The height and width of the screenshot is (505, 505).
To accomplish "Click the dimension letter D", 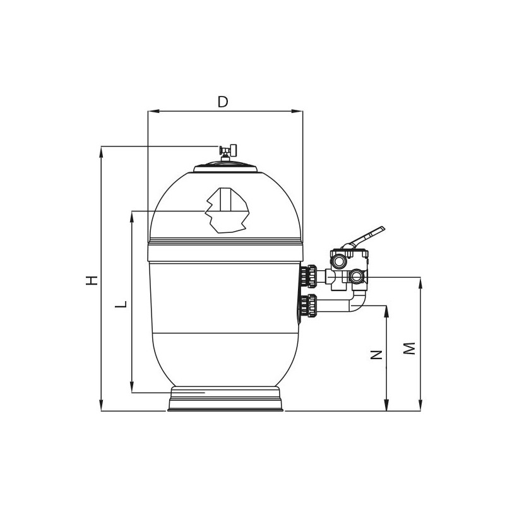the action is tap(223, 102).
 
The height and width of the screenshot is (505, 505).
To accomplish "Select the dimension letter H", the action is tap(92, 280).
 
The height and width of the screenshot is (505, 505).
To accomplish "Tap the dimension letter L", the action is tap(121, 304).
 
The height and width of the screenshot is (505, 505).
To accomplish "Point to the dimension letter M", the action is tap(409, 348).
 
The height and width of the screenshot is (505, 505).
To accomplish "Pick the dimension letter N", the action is tap(376, 355).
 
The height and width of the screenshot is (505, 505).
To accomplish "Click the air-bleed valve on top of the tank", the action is tap(228, 151).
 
